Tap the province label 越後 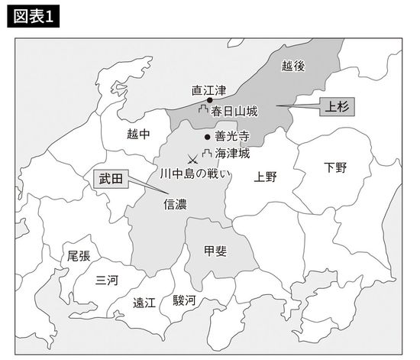coord(292,66)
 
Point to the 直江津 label coord(208,89)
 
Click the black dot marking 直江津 coord(209,100)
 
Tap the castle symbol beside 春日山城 coord(203,112)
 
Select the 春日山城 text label coord(234,112)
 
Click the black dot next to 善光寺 coord(208,138)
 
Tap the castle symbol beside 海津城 coord(207,155)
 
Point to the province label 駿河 coord(183,300)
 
